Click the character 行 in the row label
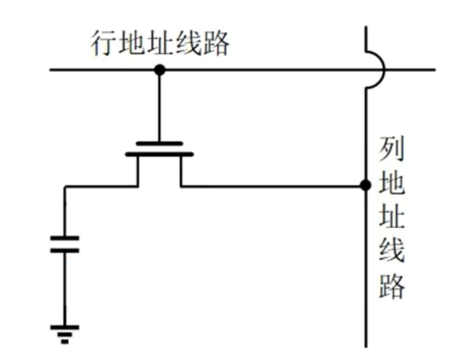coord(104,44)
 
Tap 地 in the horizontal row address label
coord(132,44)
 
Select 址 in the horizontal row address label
coord(160,44)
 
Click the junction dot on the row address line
coord(159,70)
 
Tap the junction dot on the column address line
coord(365,186)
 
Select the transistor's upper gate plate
coord(159,143)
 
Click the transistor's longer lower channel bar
coord(159,154)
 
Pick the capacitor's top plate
coord(65,238)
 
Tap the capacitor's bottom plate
coord(65,250)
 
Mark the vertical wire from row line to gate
coord(159,106)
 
